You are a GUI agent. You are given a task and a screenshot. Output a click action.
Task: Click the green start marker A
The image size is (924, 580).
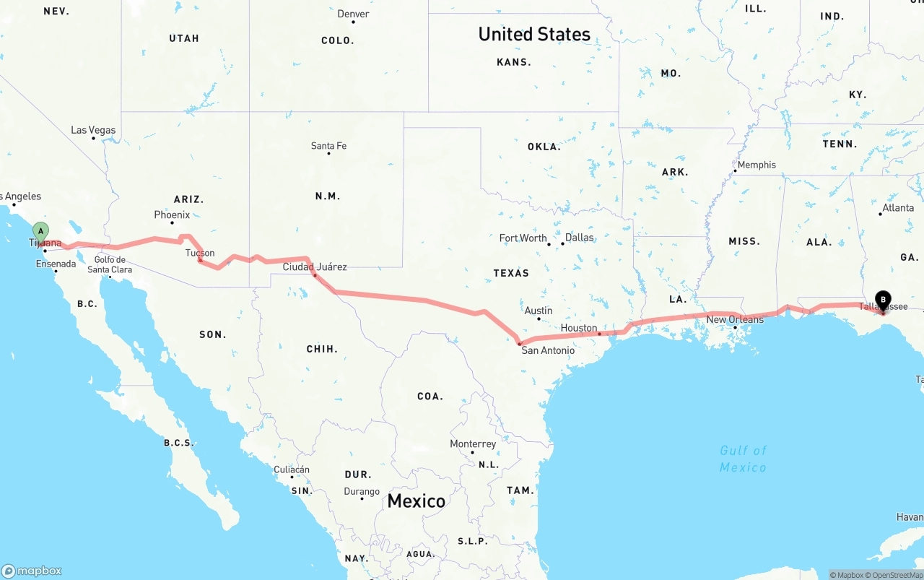(41, 233)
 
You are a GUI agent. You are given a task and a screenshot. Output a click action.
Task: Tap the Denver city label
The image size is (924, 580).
(353, 14)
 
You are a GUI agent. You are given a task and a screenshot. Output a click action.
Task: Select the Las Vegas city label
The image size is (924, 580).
(93, 130)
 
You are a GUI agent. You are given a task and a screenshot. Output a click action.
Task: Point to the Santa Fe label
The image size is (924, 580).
(328, 146)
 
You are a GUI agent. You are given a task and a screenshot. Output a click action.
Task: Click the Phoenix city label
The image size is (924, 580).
(172, 215)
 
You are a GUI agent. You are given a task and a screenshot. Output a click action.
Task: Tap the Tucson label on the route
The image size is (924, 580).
(200, 253)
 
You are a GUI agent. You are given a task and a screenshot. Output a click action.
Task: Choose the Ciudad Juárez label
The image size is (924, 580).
(315, 267)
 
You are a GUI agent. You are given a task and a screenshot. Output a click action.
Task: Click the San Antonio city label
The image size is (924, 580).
(548, 350)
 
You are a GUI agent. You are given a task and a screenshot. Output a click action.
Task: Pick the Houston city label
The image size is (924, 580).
(579, 328)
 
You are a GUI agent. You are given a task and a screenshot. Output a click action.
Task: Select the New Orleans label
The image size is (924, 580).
(735, 319)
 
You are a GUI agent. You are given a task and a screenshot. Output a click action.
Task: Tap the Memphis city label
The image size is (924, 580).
(757, 165)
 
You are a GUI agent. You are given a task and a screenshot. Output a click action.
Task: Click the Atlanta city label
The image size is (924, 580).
(897, 207)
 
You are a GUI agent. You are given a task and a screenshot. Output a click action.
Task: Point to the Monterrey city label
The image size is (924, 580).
(473, 443)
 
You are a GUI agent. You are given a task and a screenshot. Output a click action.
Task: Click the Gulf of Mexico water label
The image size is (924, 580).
(743, 459)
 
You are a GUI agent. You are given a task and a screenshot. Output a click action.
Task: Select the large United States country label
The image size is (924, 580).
(534, 34)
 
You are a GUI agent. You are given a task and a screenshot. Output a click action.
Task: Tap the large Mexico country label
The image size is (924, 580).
(416, 501)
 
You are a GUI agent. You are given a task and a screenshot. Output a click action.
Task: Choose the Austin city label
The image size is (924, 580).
(539, 311)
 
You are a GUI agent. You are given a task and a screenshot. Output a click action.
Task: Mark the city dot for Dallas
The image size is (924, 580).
(562, 243)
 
